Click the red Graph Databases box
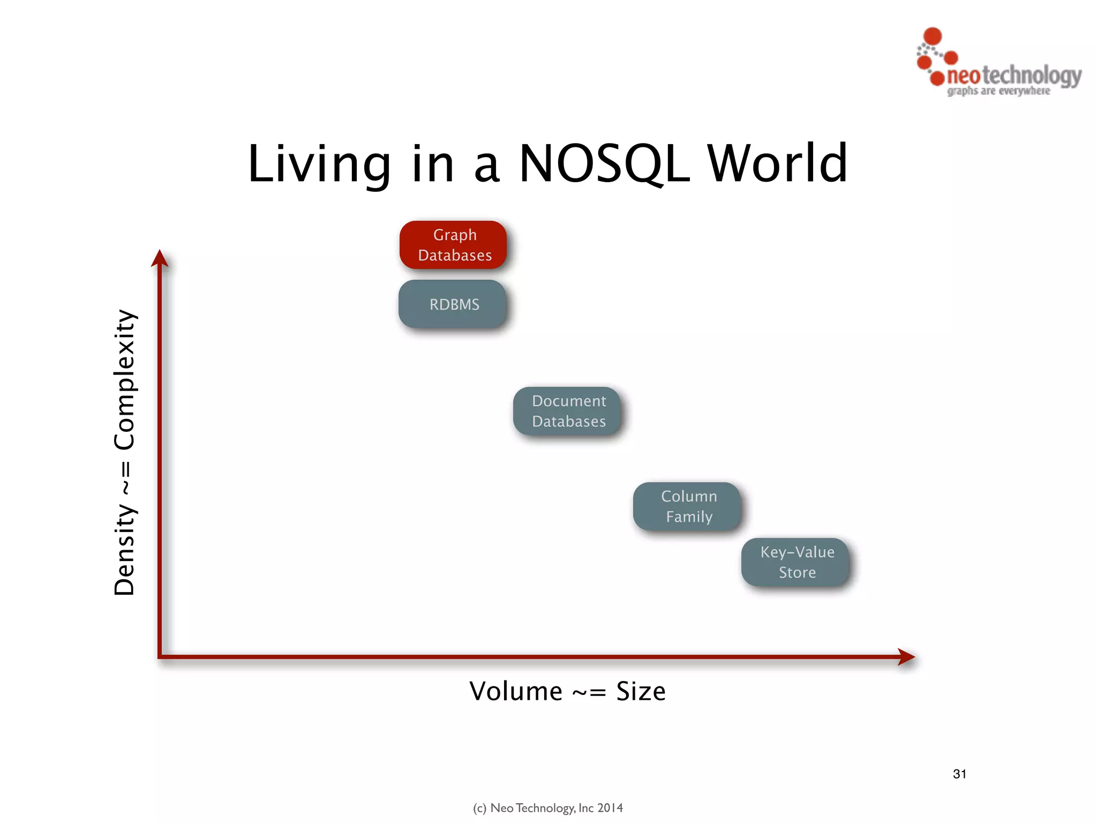pos(453,245)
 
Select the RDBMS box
pos(453,304)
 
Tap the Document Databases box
pos(568,411)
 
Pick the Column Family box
pos(688,506)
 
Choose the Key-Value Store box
pos(796,562)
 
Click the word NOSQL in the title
pos(604,164)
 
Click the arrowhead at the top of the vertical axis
pos(160,258)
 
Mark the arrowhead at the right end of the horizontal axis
pos(906,656)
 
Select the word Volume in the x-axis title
pos(516,691)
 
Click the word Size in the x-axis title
pos(641,691)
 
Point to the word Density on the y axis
pos(125,549)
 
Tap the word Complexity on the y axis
pos(125,379)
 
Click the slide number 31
pos(959,774)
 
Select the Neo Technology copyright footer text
pos(547,808)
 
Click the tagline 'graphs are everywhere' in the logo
pos(998,91)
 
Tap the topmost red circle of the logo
pos(933,36)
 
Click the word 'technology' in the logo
pos(1032,76)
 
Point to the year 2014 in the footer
pos(610,808)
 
